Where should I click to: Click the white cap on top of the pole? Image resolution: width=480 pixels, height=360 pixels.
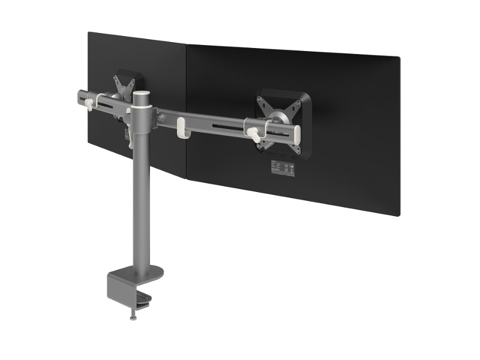(142, 95)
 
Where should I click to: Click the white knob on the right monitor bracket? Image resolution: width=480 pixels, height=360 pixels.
(254, 133)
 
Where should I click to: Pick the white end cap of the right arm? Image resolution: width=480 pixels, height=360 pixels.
(295, 133)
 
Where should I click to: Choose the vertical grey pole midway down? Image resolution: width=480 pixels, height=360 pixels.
(140, 198)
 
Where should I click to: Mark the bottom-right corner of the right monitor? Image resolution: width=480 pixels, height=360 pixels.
(398, 216)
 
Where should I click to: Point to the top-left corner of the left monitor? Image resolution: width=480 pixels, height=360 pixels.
(89, 32)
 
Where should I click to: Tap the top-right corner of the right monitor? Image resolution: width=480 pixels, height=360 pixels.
(400, 57)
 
